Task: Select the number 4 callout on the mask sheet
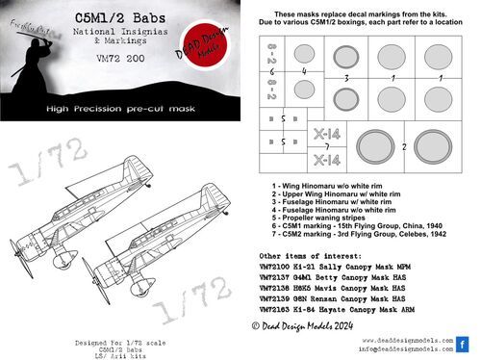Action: (304, 70)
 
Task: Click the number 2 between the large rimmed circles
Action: (405, 146)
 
